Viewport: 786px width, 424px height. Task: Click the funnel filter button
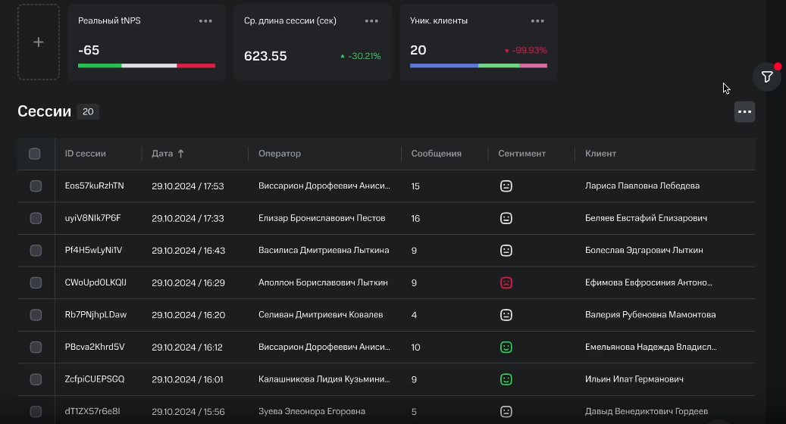pyautogui.click(x=767, y=76)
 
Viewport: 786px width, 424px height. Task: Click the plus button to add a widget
pyautogui.click(x=39, y=42)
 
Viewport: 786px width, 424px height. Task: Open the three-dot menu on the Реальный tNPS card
pyautogui.click(x=205, y=21)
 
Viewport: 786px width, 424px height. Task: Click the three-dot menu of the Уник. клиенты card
pyautogui.click(x=537, y=21)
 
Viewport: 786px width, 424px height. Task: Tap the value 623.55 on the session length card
pyautogui.click(x=265, y=56)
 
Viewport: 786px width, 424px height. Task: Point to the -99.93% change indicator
pyautogui.click(x=525, y=50)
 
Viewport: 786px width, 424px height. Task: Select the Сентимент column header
pyautogui.click(x=521, y=154)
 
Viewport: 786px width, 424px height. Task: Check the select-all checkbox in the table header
pyautogui.click(x=35, y=154)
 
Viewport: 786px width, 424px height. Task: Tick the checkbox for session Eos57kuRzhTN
pyautogui.click(x=36, y=185)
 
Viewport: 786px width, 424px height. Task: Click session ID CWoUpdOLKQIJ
pyautogui.click(x=96, y=282)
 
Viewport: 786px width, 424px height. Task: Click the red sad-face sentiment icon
pyautogui.click(x=506, y=283)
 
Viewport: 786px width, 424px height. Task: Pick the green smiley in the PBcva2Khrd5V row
pyautogui.click(x=506, y=347)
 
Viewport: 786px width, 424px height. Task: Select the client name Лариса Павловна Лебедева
pyautogui.click(x=642, y=185)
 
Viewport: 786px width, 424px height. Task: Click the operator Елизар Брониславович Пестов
pyautogui.click(x=322, y=218)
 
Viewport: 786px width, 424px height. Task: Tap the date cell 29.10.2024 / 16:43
pyautogui.click(x=188, y=251)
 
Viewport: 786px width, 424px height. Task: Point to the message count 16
pyautogui.click(x=415, y=218)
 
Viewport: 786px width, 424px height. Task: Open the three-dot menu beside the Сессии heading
pyautogui.click(x=744, y=111)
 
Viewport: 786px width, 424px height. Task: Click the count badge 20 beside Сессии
pyautogui.click(x=88, y=111)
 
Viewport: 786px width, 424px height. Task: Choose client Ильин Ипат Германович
pyautogui.click(x=634, y=379)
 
